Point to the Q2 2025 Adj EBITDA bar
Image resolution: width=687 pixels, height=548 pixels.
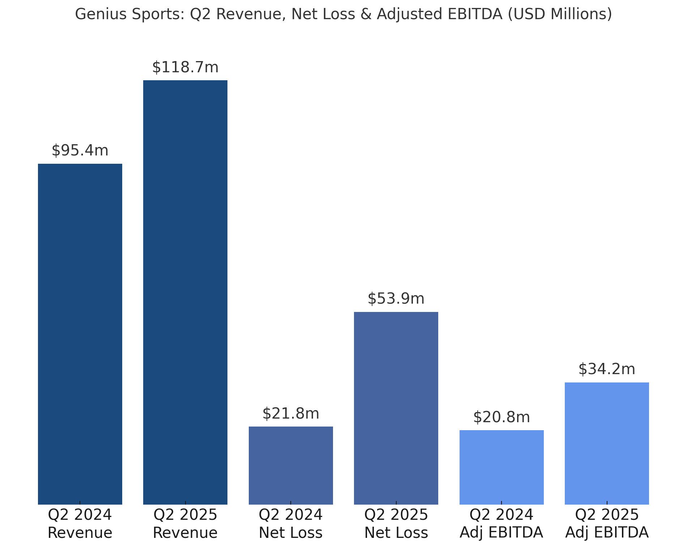tap(607, 443)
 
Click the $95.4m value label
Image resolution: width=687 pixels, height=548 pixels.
tap(80, 150)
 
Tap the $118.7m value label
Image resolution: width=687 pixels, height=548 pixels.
tap(185, 68)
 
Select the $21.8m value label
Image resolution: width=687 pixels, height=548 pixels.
tap(291, 414)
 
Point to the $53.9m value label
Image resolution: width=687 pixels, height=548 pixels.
tap(396, 299)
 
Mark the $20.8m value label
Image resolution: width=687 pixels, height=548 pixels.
tap(502, 417)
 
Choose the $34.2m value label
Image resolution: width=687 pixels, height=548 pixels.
tap(607, 369)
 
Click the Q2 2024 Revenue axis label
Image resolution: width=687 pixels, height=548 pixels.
tap(80, 523)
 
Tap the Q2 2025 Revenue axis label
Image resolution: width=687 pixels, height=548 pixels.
tap(185, 523)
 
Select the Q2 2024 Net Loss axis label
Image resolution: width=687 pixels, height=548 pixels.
tap(291, 523)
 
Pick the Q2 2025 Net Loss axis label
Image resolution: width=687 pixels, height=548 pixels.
tap(396, 523)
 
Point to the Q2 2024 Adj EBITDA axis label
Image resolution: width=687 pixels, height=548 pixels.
tap(502, 523)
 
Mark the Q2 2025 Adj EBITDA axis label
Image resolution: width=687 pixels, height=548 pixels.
tap(607, 523)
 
